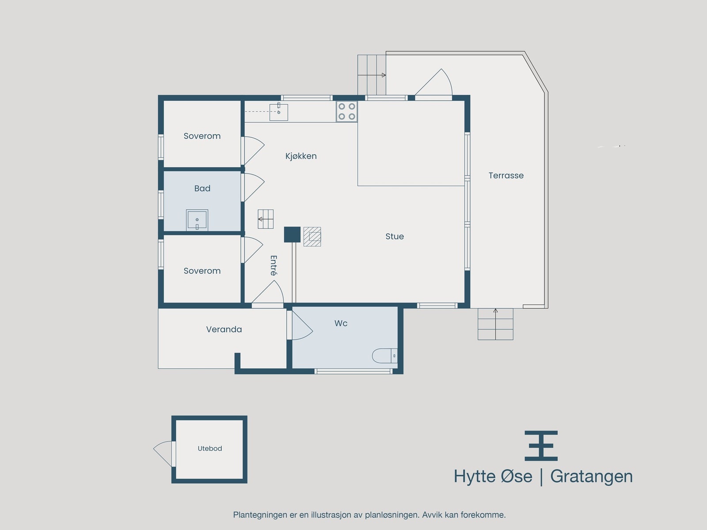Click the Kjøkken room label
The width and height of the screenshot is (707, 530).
(301, 156)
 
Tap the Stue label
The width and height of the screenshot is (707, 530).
(394, 236)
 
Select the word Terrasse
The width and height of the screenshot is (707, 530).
(506, 175)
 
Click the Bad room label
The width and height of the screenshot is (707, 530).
(202, 189)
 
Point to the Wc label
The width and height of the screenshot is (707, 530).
(341, 323)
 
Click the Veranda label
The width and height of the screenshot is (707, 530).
(224, 329)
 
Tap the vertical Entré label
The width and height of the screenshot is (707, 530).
(274, 265)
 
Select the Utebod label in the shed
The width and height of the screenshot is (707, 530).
(209, 448)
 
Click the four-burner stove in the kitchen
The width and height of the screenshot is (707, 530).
(346, 111)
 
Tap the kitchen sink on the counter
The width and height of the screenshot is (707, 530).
(278, 112)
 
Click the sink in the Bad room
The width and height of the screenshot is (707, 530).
(197, 220)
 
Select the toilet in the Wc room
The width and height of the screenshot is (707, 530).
(384, 356)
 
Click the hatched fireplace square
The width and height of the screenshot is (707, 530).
(312, 237)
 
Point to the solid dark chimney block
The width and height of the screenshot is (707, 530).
(292, 235)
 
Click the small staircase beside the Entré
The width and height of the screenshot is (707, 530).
(266, 219)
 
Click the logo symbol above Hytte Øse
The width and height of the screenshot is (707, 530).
(541, 446)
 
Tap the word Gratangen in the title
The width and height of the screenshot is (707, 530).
(591, 476)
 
